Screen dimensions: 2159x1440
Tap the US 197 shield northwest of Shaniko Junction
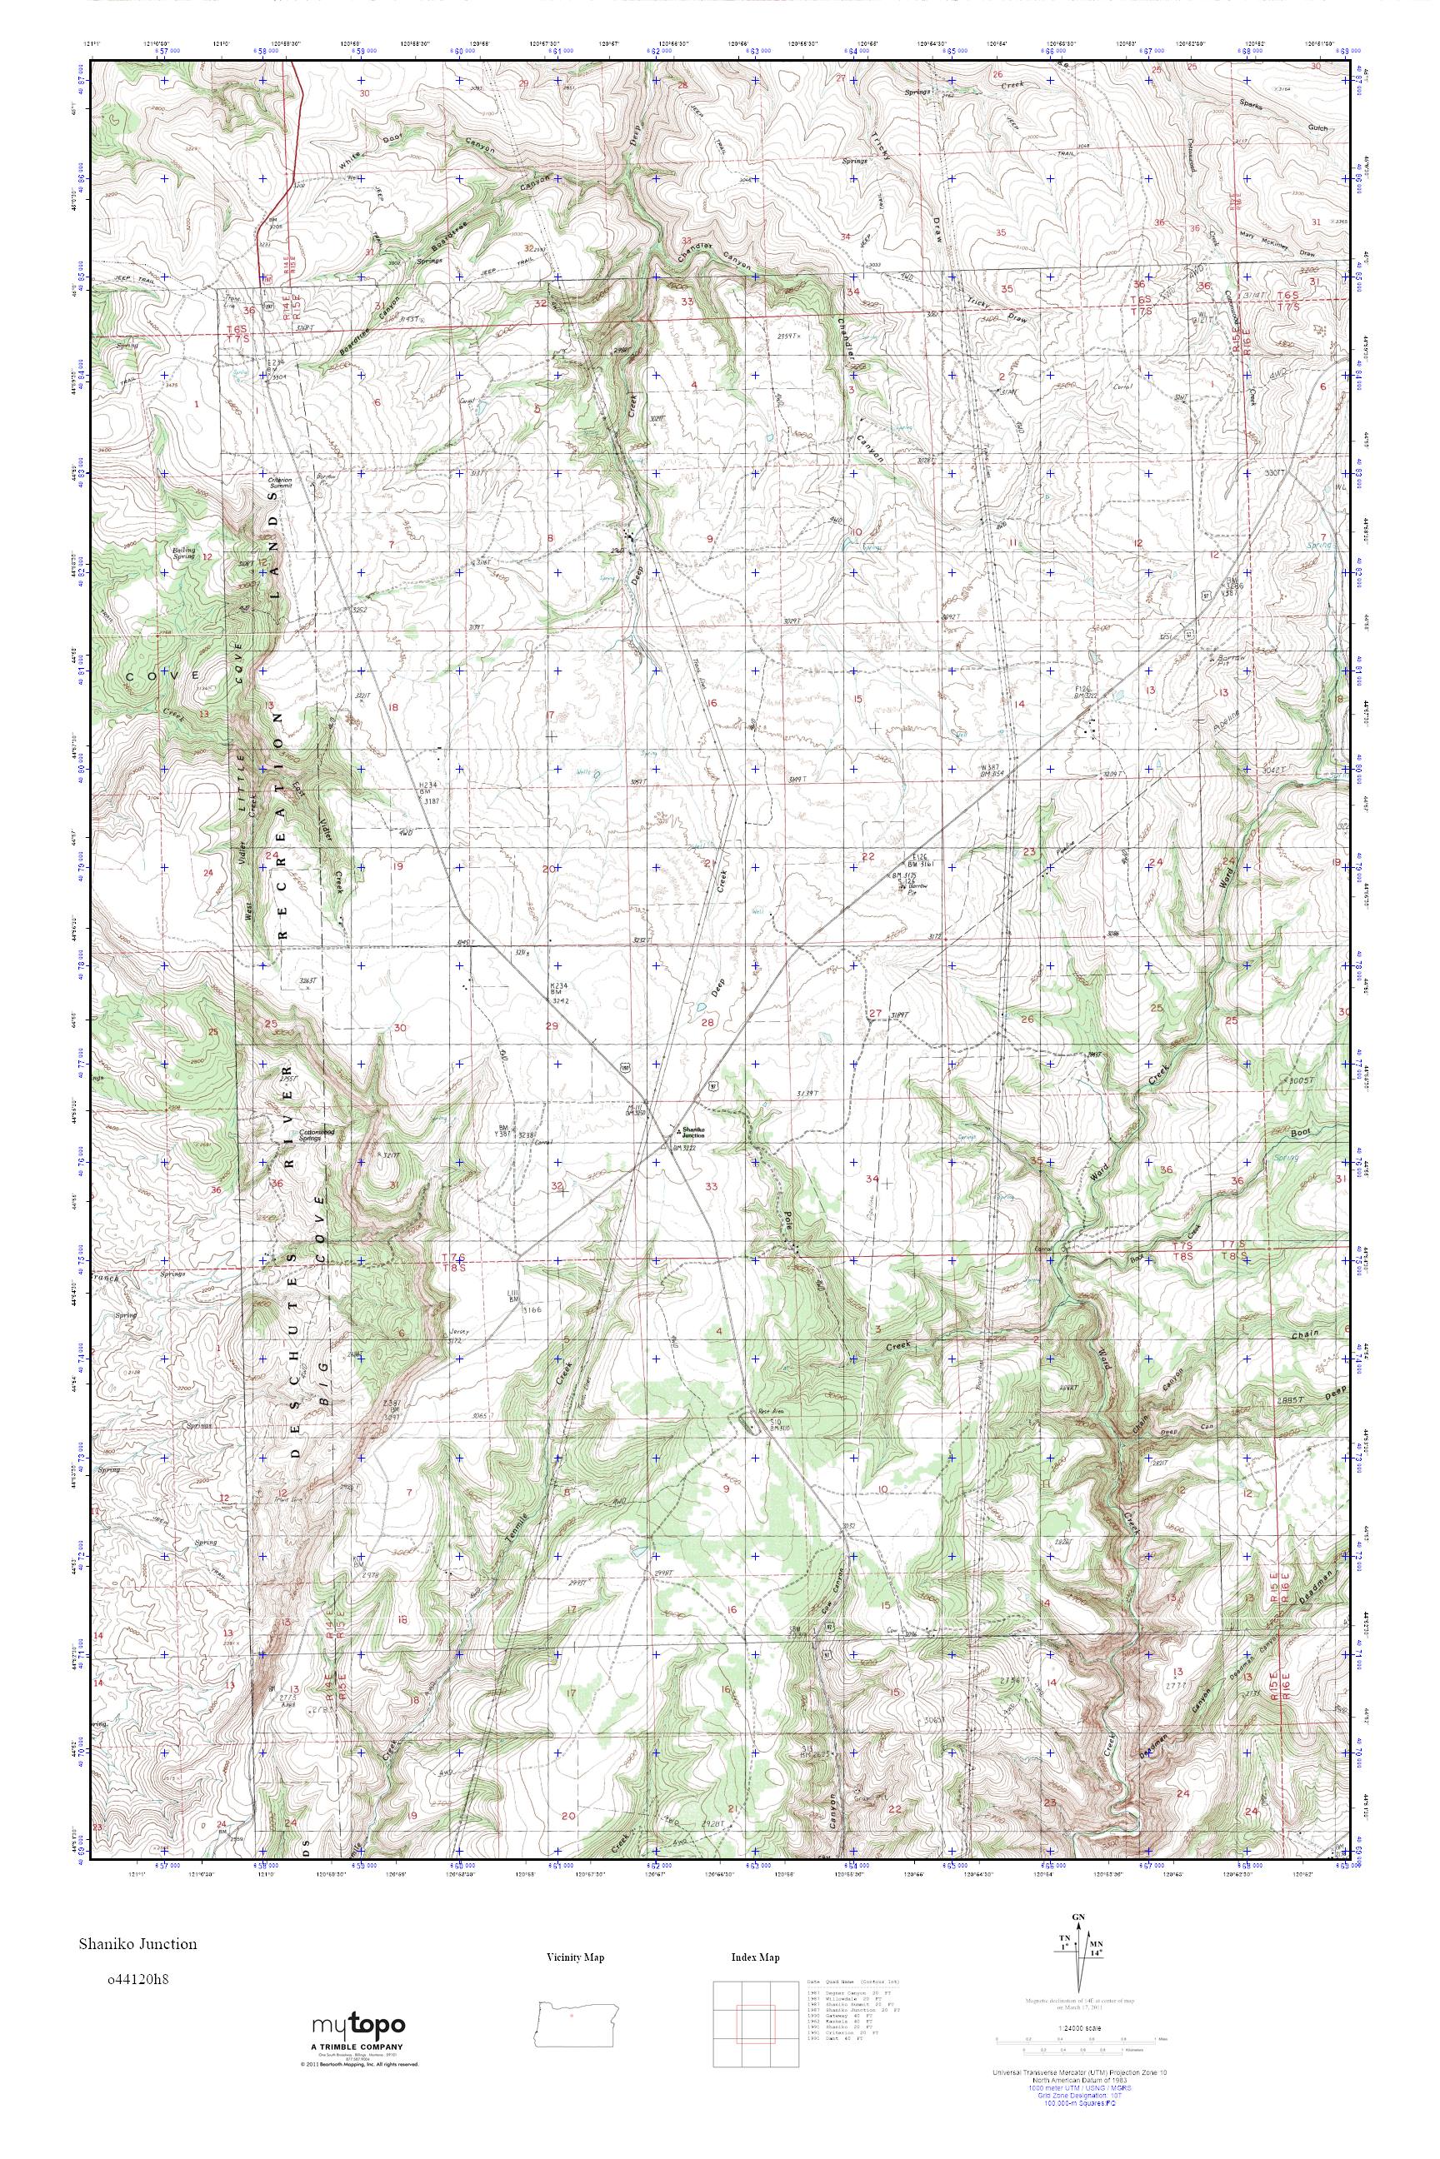(x=625, y=1068)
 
